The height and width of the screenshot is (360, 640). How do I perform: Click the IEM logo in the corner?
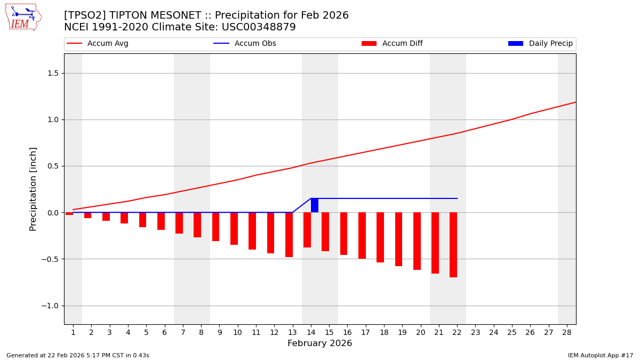[23, 17]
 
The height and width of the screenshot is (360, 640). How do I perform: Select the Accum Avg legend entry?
[98, 44]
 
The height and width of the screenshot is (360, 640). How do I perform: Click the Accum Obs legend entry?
[245, 44]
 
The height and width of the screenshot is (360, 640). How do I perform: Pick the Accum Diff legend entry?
[392, 44]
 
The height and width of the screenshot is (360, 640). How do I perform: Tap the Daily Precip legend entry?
[540, 44]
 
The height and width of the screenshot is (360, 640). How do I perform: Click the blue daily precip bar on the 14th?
[315, 205]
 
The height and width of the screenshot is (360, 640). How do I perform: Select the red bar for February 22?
[453, 245]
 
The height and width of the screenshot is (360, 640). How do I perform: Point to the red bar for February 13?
[289, 235]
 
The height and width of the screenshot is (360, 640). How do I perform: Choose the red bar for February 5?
[142, 220]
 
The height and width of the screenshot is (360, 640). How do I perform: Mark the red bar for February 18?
[380, 237]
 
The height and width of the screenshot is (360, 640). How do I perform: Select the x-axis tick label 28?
[567, 332]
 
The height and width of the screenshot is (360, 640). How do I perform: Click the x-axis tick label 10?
[237, 332]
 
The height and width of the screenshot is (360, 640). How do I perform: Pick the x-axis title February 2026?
[319, 343]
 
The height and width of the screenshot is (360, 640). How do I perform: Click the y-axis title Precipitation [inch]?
[33, 189]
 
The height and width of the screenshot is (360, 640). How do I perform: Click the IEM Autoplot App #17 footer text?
[600, 355]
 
